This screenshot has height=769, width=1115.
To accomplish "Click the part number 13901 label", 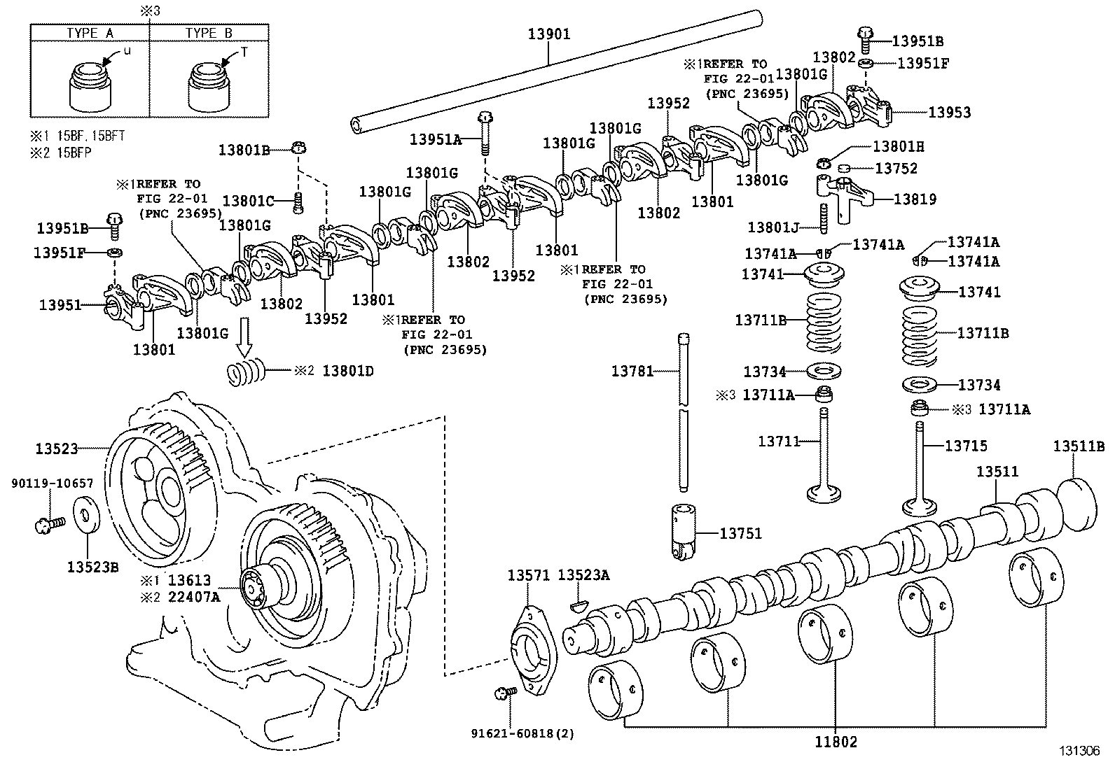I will point(549,33).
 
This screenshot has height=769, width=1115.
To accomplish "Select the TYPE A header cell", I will point(90,33).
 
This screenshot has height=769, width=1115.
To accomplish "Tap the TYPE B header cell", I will point(209,33).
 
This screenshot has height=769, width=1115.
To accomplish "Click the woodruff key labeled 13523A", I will point(579,604).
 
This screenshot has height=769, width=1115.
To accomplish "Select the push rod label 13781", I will point(632,371).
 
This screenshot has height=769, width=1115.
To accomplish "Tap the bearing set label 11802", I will point(836,742).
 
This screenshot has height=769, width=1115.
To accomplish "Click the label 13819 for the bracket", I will point(915,199).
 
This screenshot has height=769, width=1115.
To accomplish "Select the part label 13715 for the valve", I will point(966,445).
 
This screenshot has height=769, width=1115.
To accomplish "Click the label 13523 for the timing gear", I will point(57,448).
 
